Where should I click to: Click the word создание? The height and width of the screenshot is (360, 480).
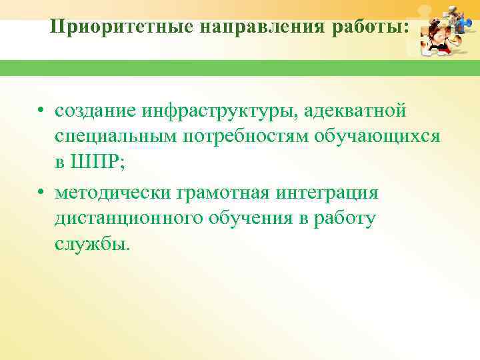point(97,110)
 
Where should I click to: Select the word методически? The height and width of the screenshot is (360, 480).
point(113,193)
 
